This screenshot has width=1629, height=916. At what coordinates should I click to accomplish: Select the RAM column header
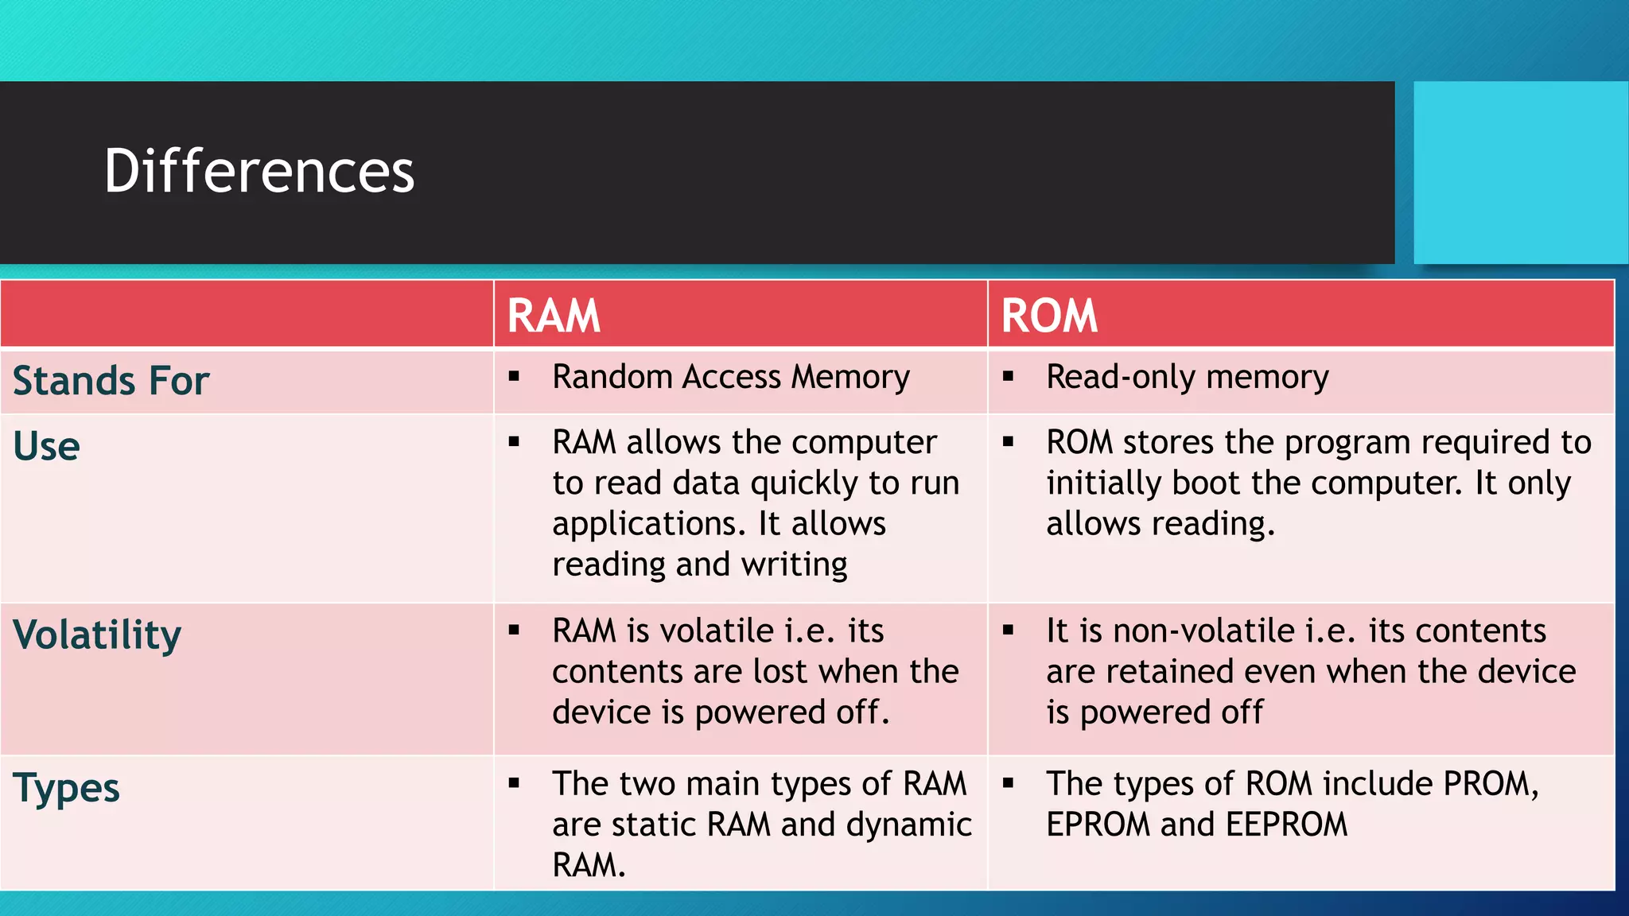click(554, 316)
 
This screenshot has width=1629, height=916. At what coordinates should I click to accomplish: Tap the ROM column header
click(1049, 316)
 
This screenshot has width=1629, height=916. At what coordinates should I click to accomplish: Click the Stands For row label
click(111, 380)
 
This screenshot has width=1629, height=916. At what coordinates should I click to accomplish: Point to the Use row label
click(46, 446)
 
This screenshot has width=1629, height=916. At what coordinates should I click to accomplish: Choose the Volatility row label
click(97, 635)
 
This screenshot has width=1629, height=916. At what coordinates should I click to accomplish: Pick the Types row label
click(66, 788)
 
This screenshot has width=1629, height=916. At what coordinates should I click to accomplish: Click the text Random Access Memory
click(730, 377)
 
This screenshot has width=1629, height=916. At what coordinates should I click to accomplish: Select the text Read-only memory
click(1187, 377)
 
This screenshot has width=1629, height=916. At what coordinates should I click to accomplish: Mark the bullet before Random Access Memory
click(514, 376)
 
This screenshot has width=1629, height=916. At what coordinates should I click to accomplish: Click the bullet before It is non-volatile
click(1008, 631)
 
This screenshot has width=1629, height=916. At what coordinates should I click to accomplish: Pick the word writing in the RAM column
click(794, 565)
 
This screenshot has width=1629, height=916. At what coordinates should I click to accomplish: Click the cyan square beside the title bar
click(1520, 173)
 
